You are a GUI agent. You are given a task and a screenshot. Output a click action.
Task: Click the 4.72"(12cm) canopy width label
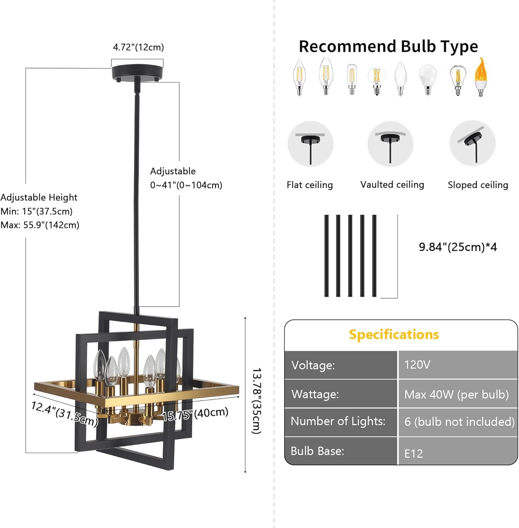[x=138, y=47]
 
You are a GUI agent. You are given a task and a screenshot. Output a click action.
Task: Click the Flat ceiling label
[x=309, y=185]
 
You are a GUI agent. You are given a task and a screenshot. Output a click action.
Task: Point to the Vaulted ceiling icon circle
[x=390, y=144]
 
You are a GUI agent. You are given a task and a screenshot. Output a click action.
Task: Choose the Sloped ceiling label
[x=478, y=185]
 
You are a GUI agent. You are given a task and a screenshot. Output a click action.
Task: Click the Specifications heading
[x=394, y=334]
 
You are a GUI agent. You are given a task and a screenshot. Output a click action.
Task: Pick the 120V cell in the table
[x=417, y=365]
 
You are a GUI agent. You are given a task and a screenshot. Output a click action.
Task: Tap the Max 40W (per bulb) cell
[x=456, y=394]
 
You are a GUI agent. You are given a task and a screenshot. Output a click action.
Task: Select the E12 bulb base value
[x=413, y=453]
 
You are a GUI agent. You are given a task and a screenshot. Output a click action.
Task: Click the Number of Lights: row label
[x=338, y=421]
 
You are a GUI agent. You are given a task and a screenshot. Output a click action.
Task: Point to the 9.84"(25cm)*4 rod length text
[x=458, y=247]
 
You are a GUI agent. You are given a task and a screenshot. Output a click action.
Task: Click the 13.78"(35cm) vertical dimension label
[x=257, y=401]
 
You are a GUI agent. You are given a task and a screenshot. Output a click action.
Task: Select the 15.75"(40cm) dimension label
[x=195, y=414]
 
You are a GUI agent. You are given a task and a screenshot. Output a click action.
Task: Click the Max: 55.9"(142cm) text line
[x=40, y=225]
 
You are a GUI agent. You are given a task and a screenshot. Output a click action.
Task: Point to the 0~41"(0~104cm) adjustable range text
[x=186, y=185]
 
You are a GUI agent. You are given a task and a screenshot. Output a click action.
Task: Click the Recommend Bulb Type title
[x=388, y=46]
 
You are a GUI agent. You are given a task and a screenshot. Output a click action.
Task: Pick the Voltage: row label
[x=313, y=365]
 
